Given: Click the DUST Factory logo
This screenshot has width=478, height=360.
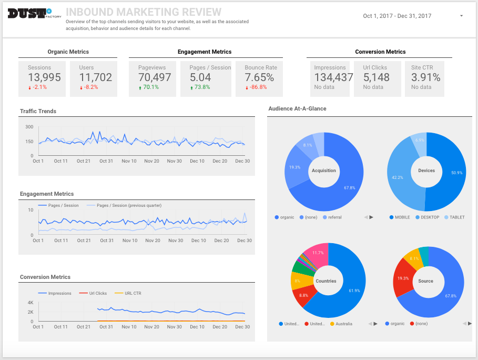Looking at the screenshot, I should tap(29, 13).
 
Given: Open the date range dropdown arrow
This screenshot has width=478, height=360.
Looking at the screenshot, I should tap(461, 16).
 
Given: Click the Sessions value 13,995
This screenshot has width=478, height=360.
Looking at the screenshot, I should tap(44, 77).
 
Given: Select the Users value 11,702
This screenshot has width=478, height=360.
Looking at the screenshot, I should tap(95, 77).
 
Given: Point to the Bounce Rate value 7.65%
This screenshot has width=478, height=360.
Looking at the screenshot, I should tap(259, 77).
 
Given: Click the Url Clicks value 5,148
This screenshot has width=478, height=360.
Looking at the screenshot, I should tap(376, 77).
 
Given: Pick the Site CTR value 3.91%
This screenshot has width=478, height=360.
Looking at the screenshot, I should tap(425, 77).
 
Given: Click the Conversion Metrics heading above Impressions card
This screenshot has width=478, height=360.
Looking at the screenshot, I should tap(380, 52).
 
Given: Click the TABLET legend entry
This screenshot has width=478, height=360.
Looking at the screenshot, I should tap(455, 217).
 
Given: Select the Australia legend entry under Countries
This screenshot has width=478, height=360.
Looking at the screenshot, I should tap(343, 324).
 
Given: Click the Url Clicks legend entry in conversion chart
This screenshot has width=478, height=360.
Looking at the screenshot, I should tap(97, 293).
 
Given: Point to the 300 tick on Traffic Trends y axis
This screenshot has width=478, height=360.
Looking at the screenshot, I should tap(29, 127).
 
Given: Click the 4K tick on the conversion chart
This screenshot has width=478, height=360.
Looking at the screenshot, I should tap(30, 303).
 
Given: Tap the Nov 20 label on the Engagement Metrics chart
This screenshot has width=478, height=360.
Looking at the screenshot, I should tap(152, 241).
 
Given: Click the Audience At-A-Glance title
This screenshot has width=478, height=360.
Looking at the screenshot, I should tap(297, 108).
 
